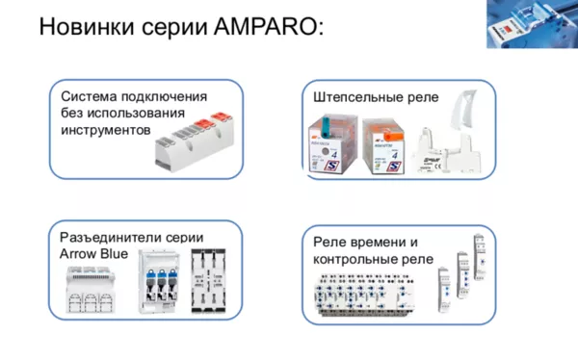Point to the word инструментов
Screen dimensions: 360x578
click(x=106, y=129)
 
